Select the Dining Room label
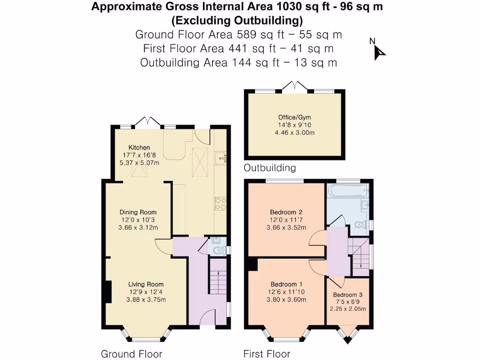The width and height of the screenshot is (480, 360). [x=138, y=212]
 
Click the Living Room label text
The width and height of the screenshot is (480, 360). [x=146, y=284]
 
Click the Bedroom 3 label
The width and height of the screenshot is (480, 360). [x=348, y=295]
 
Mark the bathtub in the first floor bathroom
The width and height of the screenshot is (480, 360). [x=347, y=191]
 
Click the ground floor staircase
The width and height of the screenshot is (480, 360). [x=217, y=282]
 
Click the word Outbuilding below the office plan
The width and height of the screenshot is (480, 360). [x=270, y=167]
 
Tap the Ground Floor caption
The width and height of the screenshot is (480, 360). [x=132, y=353]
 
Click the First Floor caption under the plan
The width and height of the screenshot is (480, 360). [x=267, y=353]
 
